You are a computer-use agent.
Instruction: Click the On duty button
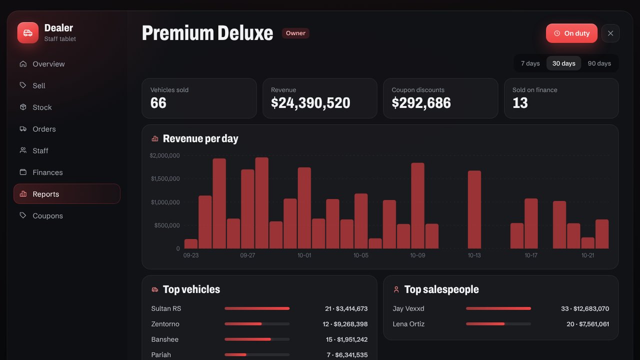[571, 33]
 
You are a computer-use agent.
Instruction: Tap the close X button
[610, 33]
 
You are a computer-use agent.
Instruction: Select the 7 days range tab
[530, 63]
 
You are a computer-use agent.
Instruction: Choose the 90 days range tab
[599, 63]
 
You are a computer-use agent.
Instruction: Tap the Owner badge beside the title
[295, 33]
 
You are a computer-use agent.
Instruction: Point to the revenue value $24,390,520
[310, 103]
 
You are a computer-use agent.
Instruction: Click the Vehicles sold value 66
[158, 103]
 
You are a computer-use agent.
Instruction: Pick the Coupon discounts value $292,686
[421, 103]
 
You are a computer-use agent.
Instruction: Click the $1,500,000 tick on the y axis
[165, 179]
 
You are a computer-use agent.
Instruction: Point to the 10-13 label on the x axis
[474, 255]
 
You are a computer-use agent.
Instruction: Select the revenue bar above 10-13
[474, 209]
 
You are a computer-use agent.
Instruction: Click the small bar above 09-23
[191, 243]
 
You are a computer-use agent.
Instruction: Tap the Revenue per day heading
[200, 138]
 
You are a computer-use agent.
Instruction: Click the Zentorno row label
[165, 324]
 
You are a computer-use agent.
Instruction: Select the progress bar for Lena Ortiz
[498, 324]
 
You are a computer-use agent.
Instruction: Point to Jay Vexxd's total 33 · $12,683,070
[585, 308]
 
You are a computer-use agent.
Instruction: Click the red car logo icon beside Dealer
[27, 33]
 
